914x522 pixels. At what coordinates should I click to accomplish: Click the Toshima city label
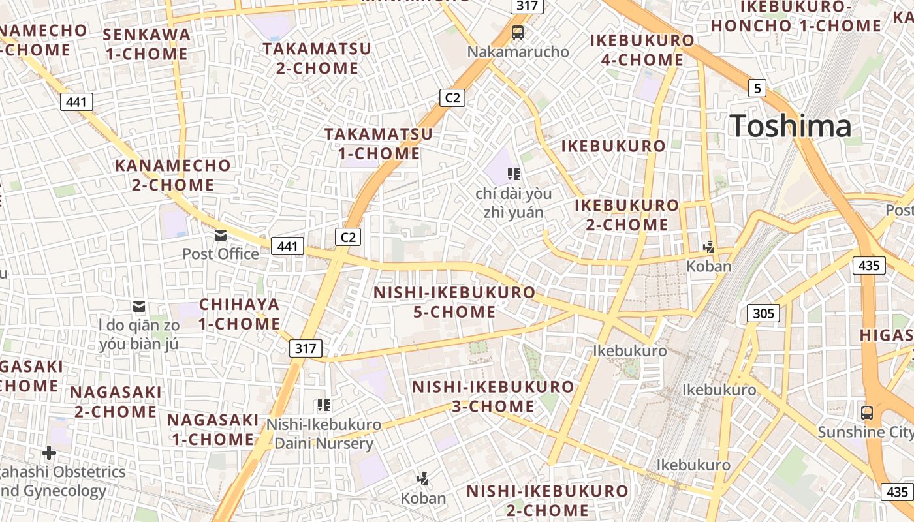(x=791, y=126)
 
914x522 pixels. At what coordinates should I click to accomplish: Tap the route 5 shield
(x=757, y=88)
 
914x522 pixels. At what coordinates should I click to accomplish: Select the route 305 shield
(x=763, y=313)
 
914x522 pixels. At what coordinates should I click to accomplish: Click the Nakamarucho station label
(x=518, y=52)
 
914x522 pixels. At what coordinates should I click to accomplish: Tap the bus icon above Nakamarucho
(x=518, y=32)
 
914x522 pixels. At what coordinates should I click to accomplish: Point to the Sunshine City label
(x=865, y=432)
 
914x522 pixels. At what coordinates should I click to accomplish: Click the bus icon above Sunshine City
(x=866, y=412)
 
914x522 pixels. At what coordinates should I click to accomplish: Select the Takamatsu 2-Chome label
(x=317, y=58)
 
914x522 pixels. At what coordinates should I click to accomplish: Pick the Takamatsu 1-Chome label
(x=379, y=144)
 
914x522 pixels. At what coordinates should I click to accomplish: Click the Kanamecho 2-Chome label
(x=173, y=175)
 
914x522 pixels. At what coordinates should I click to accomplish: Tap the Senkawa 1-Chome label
(x=147, y=44)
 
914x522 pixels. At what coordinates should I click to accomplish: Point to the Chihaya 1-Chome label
(x=240, y=314)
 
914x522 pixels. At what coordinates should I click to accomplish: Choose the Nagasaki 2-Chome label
(x=116, y=402)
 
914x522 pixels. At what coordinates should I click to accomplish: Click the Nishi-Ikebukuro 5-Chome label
(x=454, y=302)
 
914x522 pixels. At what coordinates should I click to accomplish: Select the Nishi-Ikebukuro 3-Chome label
(x=493, y=396)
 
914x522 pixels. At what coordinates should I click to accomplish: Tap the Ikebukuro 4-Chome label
(x=642, y=50)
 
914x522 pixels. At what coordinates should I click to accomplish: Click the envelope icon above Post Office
(x=221, y=235)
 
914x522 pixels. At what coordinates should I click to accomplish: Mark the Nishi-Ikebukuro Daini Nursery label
(x=324, y=434)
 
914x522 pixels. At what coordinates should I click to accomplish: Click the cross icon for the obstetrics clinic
(x=49, y=452)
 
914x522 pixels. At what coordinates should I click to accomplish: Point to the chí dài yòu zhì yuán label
(x=513, y=202)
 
